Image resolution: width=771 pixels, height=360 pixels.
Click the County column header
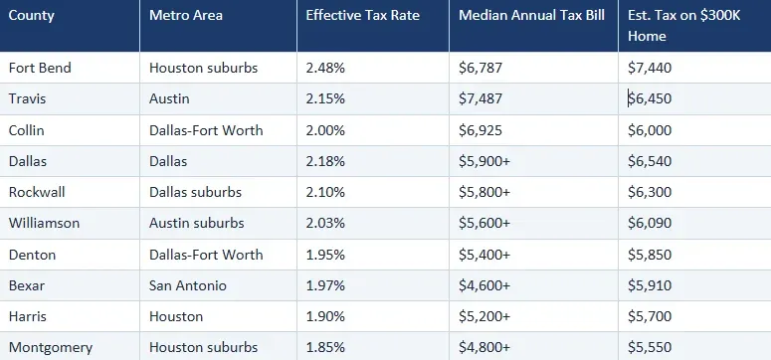point(32,17)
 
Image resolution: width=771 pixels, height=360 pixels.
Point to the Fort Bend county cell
point(40,68)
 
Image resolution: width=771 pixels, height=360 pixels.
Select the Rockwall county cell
point(37,192)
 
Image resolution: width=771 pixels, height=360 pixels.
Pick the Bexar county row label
point(27,285)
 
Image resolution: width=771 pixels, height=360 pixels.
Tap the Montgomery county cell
point(51,347)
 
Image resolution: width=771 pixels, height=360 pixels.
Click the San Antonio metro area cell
point(188,285)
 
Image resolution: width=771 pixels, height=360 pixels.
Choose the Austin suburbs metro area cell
point(197,223)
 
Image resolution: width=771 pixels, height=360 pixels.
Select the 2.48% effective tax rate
point(326,68)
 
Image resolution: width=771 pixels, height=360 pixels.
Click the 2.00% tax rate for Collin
point(326,129)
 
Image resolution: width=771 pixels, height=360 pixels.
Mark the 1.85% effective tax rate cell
point(326,347)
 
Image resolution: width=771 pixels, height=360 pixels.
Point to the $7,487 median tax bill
point(481,98)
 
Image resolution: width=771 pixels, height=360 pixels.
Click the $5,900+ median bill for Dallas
point(484,161)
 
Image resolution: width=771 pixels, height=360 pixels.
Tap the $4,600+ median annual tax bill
point(484,285)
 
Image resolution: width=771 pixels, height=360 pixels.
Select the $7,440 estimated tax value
point(649,68)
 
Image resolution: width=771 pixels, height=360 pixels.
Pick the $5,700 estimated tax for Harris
point(649,316)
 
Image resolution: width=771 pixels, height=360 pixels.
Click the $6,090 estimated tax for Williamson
point(649,223)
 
